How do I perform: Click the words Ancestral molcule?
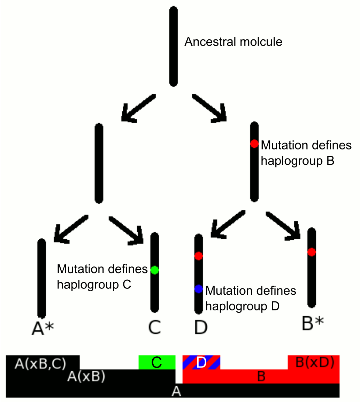(x=233, y=42)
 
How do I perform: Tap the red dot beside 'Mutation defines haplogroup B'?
(x=254, y=144)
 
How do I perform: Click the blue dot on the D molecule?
(x=199, y=289)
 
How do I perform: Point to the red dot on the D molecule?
(x=199, y=256)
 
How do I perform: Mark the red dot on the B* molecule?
(x=312, y=252)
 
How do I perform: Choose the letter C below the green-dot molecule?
(x=154, y=327)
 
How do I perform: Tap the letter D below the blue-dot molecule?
(x=200, y=327)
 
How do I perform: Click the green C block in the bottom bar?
(x=156, y=363)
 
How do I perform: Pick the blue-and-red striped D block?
(x=201, y=363)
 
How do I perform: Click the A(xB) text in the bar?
(x=86, y=377)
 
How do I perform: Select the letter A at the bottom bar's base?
(x=177, y=392)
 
